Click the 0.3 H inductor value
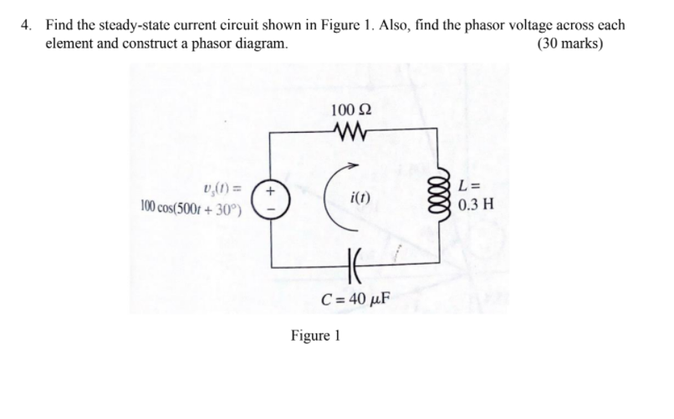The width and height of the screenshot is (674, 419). point(477,204)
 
